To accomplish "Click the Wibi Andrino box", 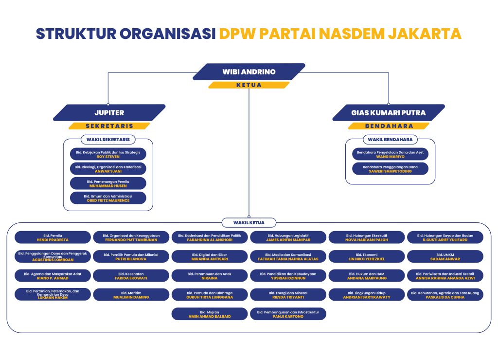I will click(249, 72).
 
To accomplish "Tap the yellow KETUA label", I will click(249, 85).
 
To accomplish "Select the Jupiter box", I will click(109, 113).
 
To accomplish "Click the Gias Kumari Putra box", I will click(389, 113).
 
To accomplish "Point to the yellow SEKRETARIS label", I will click(109, 126).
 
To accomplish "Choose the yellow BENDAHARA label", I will click(389, 126).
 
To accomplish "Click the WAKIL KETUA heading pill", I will click(249, 223).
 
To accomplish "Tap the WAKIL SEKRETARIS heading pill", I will click(108, 140).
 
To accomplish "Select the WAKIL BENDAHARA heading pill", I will click(390, 140).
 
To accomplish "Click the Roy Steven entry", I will click(108, 154).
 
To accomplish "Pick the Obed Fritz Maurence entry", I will click(108, 198).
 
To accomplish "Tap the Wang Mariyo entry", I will click(390, 154).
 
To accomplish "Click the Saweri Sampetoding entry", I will click(390, 169).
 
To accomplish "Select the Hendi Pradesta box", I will click(53, 237).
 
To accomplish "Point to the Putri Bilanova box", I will click(131, 257).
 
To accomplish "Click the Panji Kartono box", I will click(288, 314).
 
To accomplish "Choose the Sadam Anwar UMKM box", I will click(445, 257).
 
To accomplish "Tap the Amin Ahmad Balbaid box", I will click(210, 314).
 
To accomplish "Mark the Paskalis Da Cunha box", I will click(445, 295).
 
